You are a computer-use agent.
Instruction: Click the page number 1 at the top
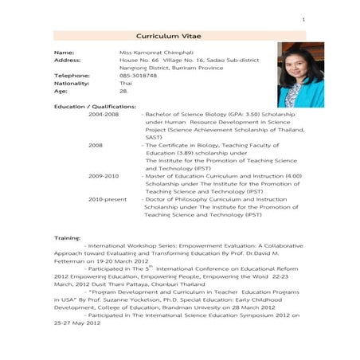pos(303,18)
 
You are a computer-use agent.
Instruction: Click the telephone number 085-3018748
pos(138,75)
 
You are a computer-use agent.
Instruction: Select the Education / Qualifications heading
pos(94,106)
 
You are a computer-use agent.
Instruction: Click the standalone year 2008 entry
pos(96,145)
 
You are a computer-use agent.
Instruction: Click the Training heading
pos(67,238)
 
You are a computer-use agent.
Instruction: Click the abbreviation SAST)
pos(153,137)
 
